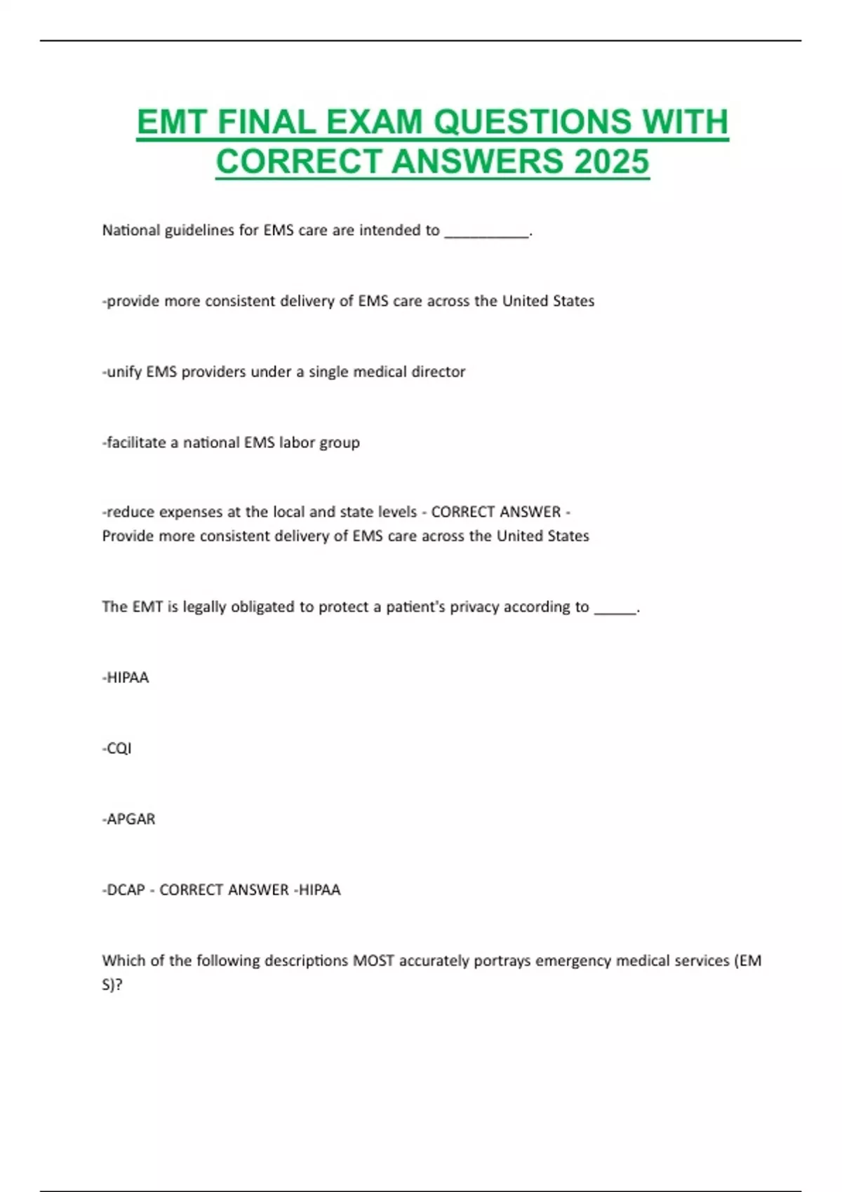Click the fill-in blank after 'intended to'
(x=487, y=232)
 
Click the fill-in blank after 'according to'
(x=615, y=609)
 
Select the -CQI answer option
(x=117, y=748)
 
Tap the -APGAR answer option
(x=129, y=819)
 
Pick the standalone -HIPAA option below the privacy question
(x=126, y=677)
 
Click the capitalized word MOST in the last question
(x=373, y=961)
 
